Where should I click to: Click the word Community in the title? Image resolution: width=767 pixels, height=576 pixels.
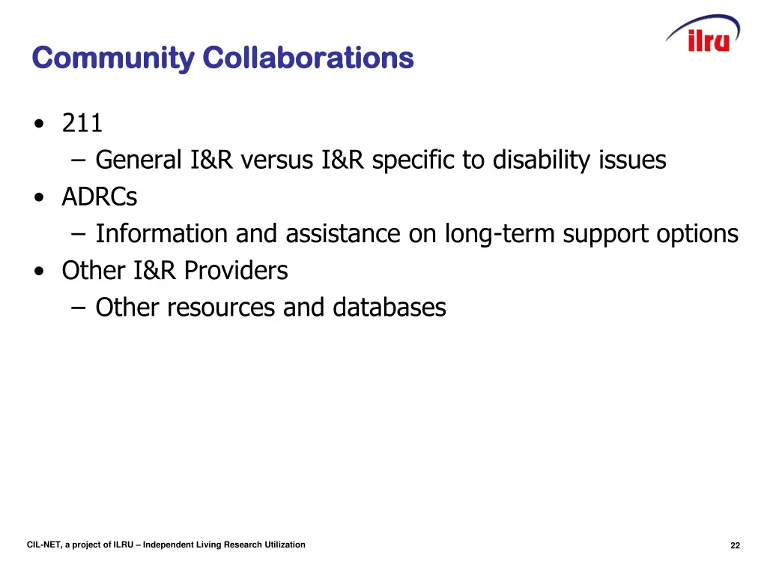(112, 58)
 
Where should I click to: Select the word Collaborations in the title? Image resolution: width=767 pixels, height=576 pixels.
(308, 58)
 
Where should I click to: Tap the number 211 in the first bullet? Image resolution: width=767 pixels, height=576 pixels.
(82, 123)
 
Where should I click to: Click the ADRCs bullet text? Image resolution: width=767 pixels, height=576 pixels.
(100, 197)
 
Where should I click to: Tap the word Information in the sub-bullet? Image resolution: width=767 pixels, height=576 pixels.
(163, 234)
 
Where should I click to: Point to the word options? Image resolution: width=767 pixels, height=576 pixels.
(697, 235)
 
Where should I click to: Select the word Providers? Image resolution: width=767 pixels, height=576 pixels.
(236, 271)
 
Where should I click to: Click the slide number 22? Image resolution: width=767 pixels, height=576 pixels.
(735, 546)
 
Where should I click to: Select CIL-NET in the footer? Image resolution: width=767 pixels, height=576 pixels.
(43, 545)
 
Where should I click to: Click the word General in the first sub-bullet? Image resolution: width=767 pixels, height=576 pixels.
(139, 160)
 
